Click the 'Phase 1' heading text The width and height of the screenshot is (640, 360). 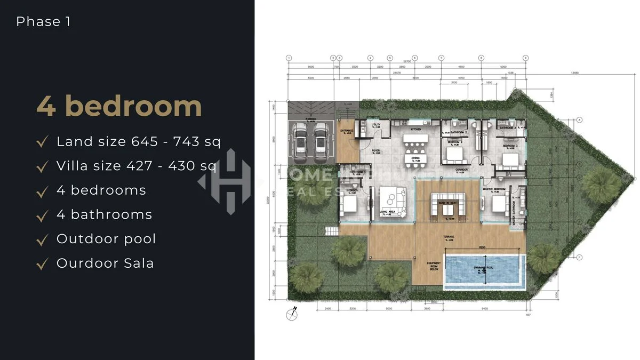pos(43,22)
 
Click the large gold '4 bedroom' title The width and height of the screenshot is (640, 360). pos(119,106)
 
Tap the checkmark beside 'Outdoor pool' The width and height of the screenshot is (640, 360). pos(42,239)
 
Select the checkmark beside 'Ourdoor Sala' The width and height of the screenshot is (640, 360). pos(42,264)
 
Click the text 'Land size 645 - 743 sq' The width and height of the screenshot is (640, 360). pos(139,141)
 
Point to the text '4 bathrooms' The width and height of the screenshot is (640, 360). pos(104,214)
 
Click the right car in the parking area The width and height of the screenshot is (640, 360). pos(321,139)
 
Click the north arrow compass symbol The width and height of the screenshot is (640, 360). pos(292,313)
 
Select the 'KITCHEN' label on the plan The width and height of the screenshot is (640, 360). pos(416,130)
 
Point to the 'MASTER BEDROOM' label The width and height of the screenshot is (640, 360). pos(494,189)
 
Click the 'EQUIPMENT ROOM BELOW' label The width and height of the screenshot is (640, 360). pos(433,266)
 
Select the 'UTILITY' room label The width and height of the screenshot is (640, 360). pos(375,125)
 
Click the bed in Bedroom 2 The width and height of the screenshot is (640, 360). pos(454,155)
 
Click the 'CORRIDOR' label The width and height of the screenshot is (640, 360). pos(461,170)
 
